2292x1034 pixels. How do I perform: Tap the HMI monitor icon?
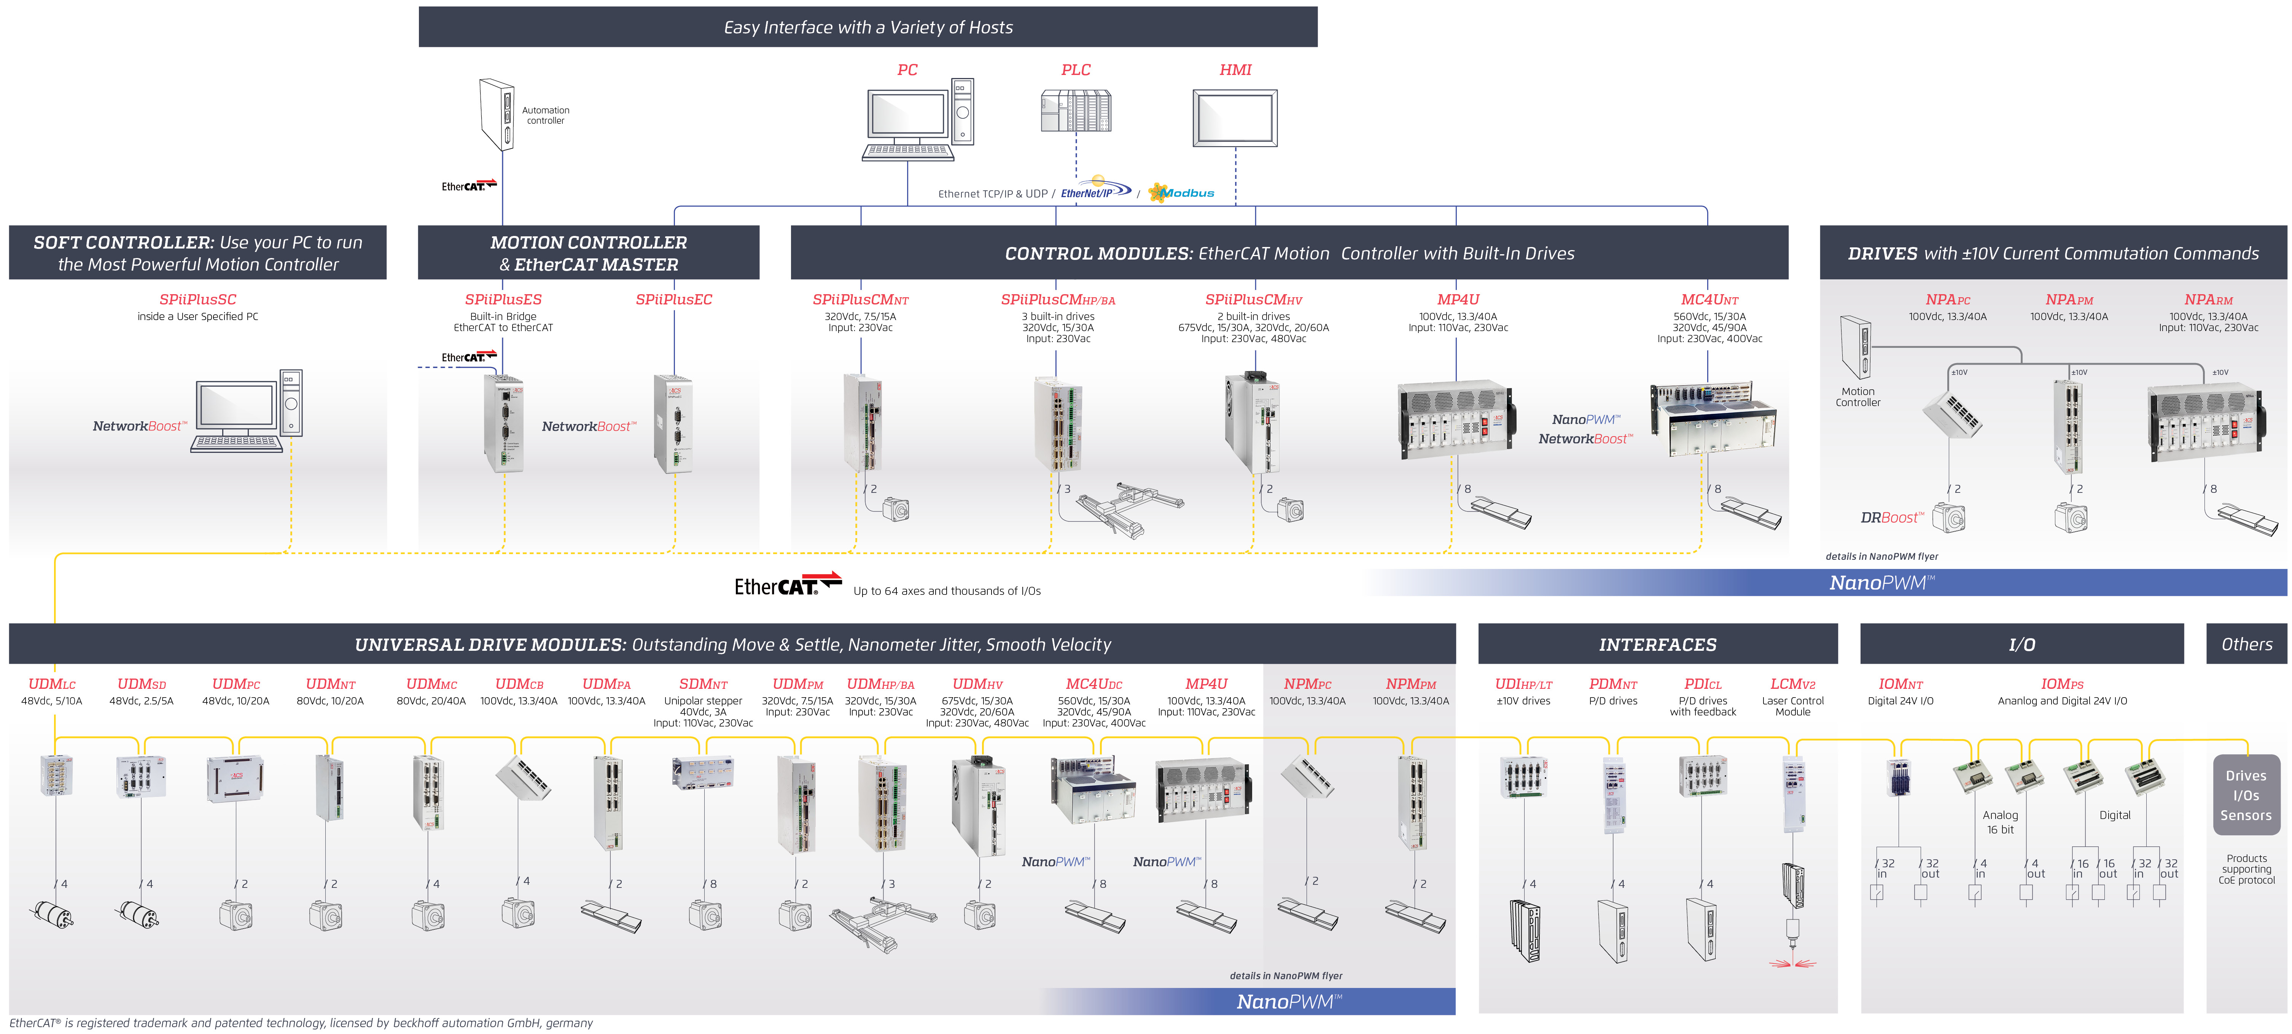(x=1235, y=118)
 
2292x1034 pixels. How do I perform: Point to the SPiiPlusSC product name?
(x=197, y=300)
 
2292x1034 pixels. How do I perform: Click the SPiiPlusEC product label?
(x=673, y=300)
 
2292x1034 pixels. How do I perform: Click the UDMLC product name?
(x=52, y=684)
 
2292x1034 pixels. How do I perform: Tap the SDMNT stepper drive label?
(x=703, y=684)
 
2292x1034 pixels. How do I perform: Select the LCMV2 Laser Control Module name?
(x=1792, y=684)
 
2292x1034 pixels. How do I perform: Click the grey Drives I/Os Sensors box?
(x=2246, y=795)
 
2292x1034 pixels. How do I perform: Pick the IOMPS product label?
(x=2061, y=684)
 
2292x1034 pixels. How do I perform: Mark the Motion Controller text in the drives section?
(x=1858, y=397)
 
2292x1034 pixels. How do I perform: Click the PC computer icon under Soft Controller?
(x=247, y=411)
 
